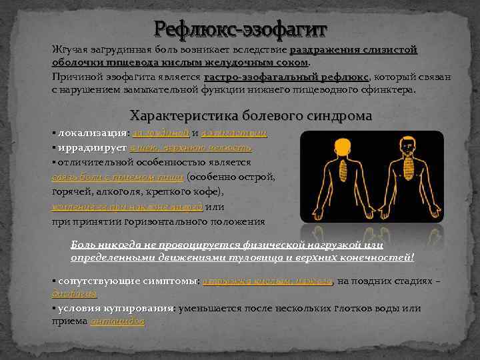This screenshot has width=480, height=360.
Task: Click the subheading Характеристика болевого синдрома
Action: point(251,115)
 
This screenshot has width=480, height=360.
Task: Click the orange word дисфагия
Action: point(74,293)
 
